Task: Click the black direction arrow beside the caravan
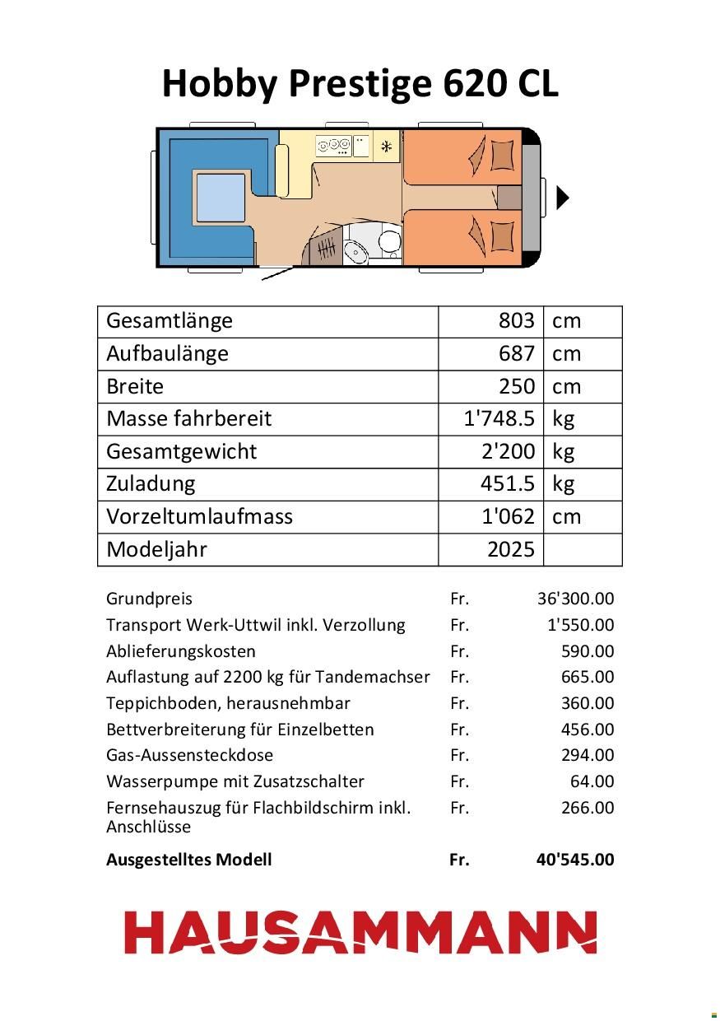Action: pyautogui.click(x=563, y=198)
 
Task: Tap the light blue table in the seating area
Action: pyautogui.click(x=221, y=198)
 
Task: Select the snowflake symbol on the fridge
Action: pyautogui.click(x=385, y=147)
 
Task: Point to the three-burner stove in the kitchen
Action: pyautogui.click(x=333, y=146)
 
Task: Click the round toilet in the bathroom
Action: pyautogui.click(x=388, y=241)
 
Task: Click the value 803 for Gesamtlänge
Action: pyautogui.click(x=517, y=320)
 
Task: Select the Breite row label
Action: pyautogui.click(x=135, y=386)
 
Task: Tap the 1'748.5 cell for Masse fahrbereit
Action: pyautogui.click(x=499, y=418)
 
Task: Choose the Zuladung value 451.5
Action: pyautogui.click(x=508, y=483)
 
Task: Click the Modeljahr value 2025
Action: pyautogui.click(x=511, y=549)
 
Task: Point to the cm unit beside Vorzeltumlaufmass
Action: pyautogui.click(x=566, y=516)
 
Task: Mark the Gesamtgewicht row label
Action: pyautogui.click(x=181, y=451)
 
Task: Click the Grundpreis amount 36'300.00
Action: pyautogui.click(x=575, y=599)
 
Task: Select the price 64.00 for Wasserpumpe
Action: pyautogui.click(x=592, y=781)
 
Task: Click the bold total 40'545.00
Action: pyautogui.click(x=574, y=860)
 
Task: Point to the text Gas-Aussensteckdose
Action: pyautogui.click(x=189, y=755)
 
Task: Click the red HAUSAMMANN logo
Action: pyautogui.click(x=360, y=932)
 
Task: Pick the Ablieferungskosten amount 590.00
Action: pyautogui.click(x=588, y=651)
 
